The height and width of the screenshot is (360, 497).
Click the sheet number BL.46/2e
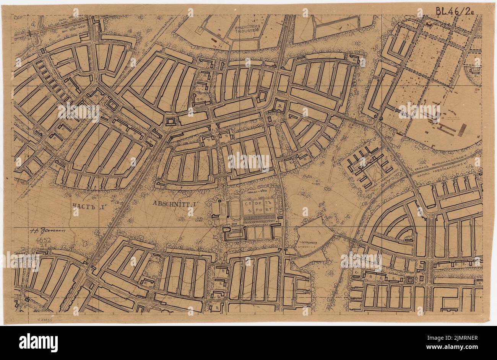(x=455, y=11)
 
